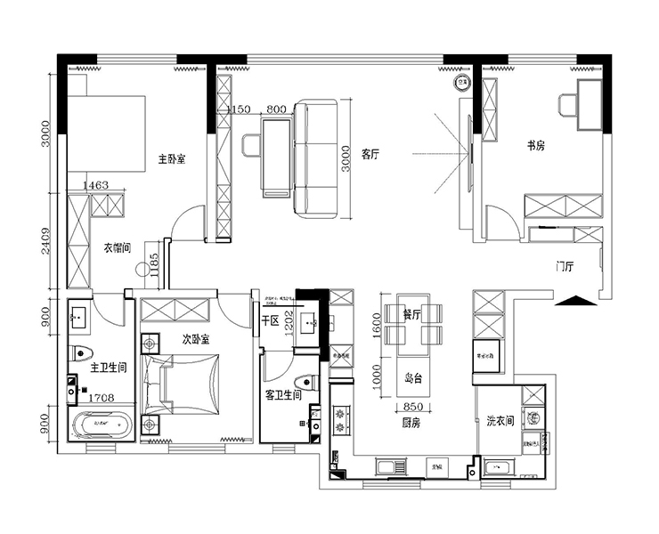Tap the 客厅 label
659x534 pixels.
tap(371, 154)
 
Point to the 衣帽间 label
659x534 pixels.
tap(118, 247)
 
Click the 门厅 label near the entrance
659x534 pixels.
tap(564, 266)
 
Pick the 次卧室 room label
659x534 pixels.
tap(195, 339)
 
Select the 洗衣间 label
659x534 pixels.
tap(500, 420)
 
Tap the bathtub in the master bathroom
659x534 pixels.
tap(102, 426)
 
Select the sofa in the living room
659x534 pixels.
tap(316, 159)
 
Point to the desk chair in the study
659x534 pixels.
tap(568, 105)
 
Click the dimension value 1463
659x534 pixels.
tap(94, 185)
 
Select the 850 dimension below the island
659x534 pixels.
tap(417, 406)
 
